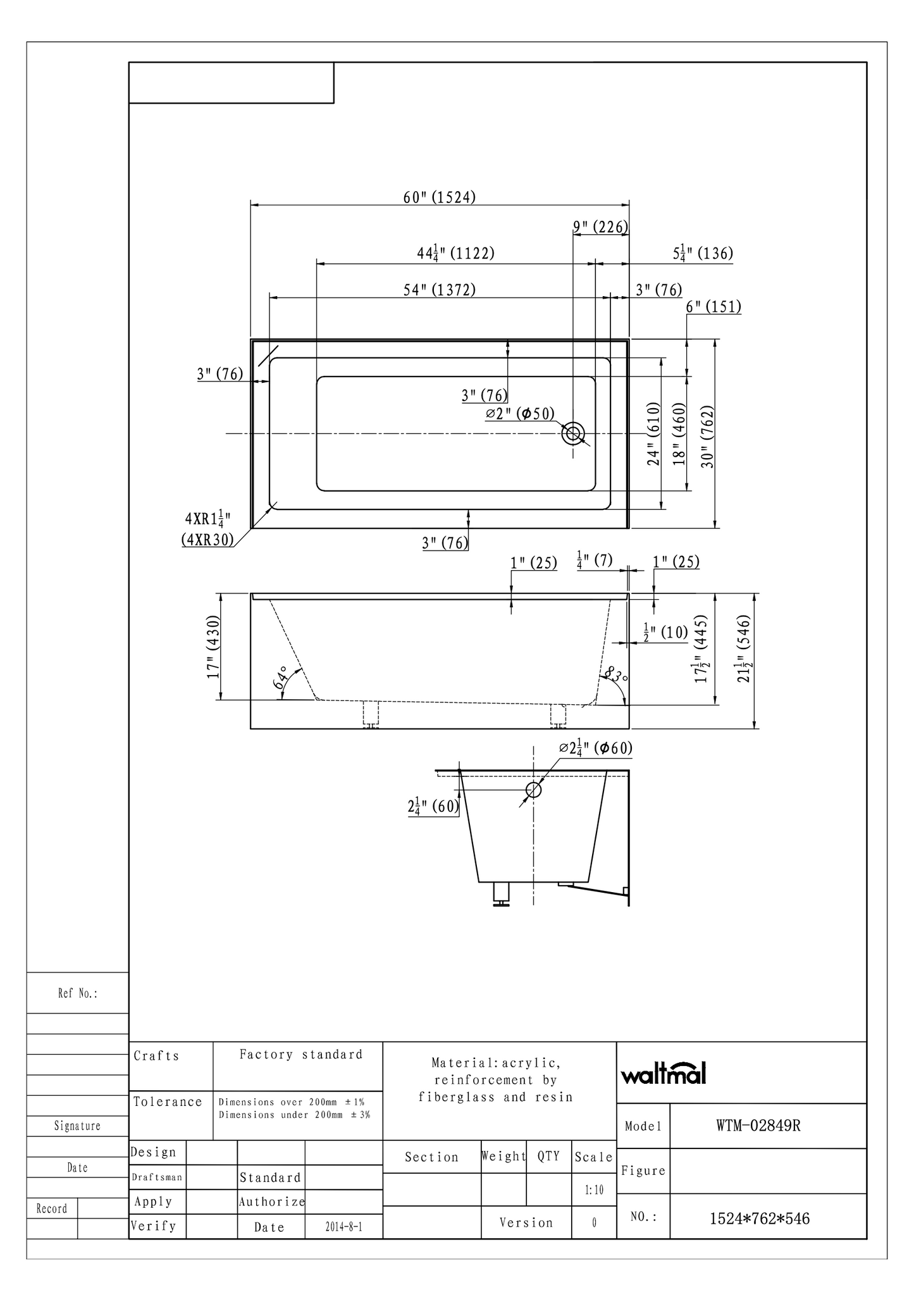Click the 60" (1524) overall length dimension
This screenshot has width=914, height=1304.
coord(440,197)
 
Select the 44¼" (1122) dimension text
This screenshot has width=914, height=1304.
coord(455,254)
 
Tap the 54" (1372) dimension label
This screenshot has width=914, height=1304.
coord(440,290)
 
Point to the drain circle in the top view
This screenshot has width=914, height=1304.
coord(574,434)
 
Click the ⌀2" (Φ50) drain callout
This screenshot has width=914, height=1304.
coord(520,414)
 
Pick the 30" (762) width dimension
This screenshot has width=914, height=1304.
coord(708,437)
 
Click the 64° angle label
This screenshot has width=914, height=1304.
coord(281,678)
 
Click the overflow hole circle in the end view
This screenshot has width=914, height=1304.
coord(534,790)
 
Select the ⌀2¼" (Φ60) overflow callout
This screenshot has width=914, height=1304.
coord(596,748)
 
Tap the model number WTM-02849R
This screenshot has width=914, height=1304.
coord(758,1126)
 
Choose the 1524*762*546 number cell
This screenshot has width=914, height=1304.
coord(759,1218)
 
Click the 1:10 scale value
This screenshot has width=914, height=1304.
coord(593,1189)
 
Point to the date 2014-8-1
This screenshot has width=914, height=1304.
coord(343,1226)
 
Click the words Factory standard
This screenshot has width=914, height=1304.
coord(301,1054)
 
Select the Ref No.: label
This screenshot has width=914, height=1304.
coord(78,993)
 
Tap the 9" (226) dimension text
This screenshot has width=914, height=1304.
coord(600,227)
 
